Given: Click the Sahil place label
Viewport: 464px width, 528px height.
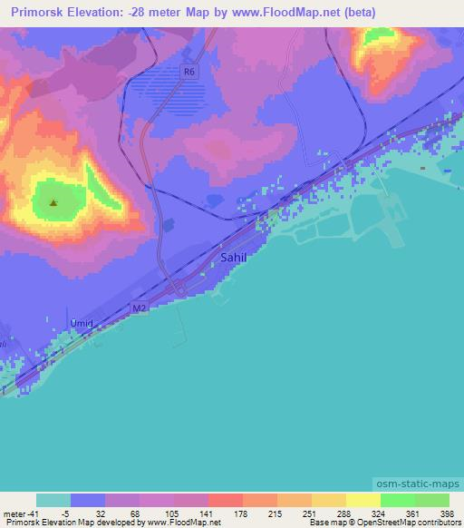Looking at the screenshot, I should pos(233,259).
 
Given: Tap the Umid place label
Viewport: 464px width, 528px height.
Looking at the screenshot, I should pos(82,323).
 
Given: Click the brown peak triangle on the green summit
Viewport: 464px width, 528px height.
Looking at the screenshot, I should pos(53,203).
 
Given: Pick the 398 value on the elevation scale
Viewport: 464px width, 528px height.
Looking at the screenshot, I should pos(448,513).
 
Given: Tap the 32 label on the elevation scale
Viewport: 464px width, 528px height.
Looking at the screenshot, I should pos(88,513).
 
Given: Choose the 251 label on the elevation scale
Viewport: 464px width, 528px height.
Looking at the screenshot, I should pos(294,513).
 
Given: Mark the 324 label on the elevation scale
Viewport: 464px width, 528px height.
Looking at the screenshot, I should pos(363,513).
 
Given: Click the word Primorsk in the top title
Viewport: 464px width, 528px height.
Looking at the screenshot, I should pos(37,12).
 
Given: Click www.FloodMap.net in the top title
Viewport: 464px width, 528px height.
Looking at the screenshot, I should pos(282,12).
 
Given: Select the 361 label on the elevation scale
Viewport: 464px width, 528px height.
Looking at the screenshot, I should pos(398,513).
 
